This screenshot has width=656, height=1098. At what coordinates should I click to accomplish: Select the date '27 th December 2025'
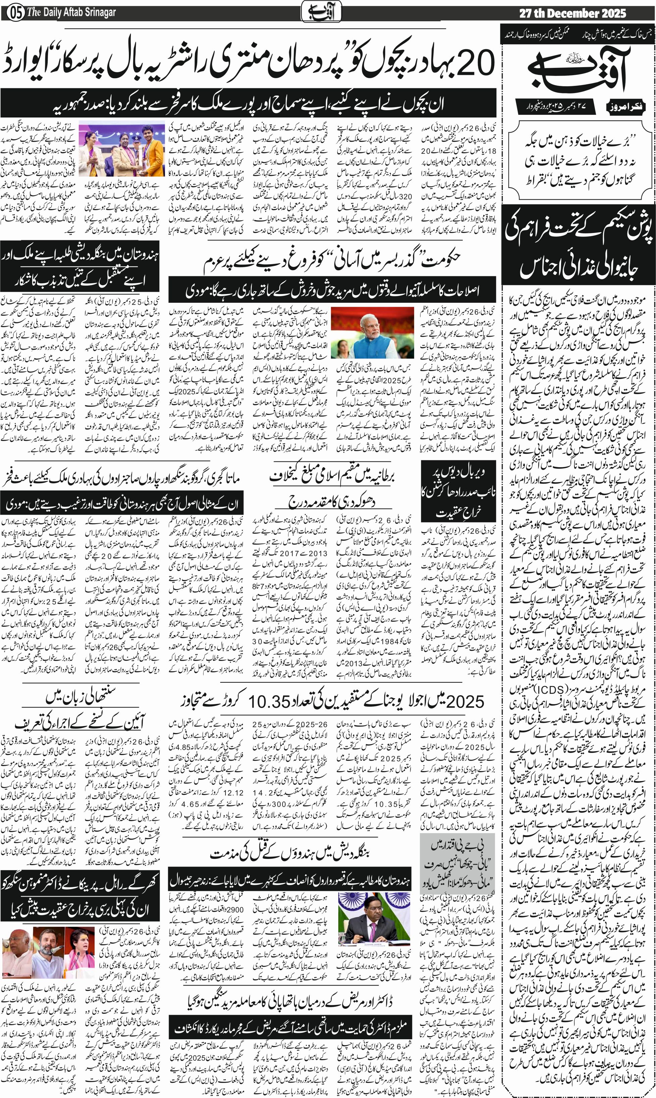(572, 13)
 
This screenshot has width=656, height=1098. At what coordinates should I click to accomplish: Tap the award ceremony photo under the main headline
(121, 148)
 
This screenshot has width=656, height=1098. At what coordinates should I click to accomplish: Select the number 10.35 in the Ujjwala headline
(269, 701)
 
